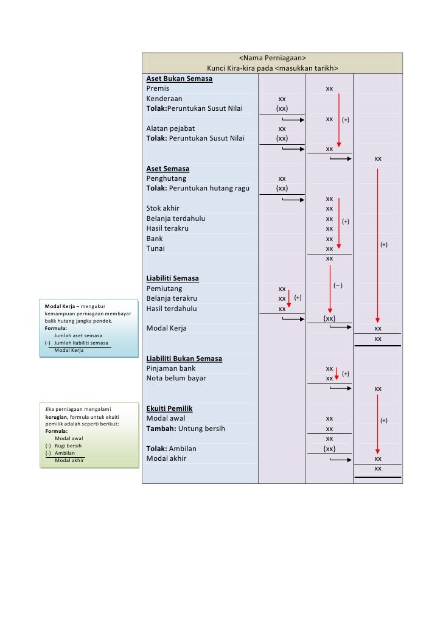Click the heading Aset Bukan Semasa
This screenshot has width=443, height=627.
point(180,79)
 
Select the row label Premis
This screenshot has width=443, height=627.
point(158,88)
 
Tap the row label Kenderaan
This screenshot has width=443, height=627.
point(164,99)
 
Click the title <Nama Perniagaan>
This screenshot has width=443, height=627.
point(272,58)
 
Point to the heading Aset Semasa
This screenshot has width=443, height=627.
point(167,169)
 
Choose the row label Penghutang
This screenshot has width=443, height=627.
point(166,179)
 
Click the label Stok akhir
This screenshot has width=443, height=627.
point(162,208)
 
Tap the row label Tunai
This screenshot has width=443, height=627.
point(155,248)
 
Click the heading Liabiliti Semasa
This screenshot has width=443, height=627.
point(172,279)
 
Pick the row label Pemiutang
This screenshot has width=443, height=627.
point(164,289)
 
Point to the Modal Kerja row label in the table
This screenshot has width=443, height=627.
point(166,328)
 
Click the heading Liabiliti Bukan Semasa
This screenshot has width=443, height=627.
point(184,359)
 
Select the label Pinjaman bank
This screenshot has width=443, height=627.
point(171,368)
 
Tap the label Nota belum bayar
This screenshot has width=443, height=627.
point(176,378)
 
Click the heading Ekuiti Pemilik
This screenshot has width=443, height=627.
point(169,408)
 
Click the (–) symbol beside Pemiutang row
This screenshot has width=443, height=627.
point(338,285)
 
